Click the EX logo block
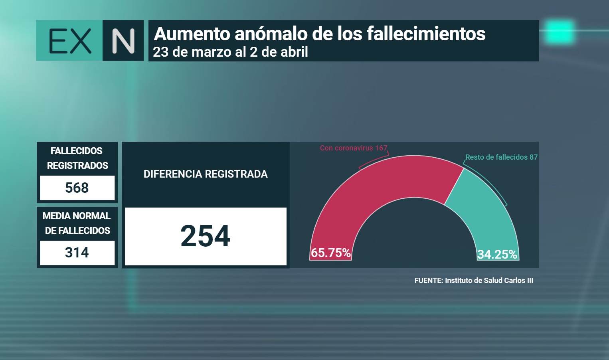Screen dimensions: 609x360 69,40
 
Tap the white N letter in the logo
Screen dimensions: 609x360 123,41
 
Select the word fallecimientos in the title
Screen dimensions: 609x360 426,34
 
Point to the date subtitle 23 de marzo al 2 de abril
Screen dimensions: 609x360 231,52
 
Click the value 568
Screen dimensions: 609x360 77,188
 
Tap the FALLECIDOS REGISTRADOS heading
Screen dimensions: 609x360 77,158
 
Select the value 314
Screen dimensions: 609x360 77,253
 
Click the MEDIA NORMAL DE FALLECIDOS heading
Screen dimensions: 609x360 77,223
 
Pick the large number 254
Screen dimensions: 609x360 205,236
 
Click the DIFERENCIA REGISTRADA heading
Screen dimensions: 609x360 206,174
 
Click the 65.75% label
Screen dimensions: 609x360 330,253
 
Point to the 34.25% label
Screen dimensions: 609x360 497,255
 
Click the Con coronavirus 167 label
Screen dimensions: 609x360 354,148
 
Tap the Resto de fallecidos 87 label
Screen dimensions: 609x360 502,157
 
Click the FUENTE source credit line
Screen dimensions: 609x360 474,281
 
